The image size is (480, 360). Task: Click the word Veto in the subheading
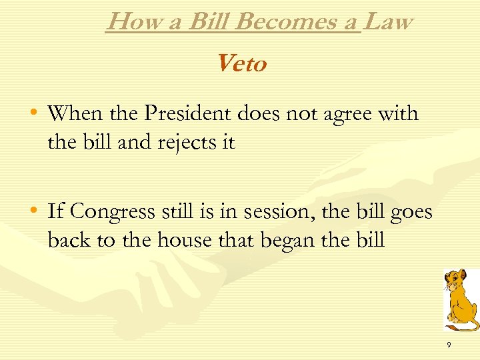click(241, 64)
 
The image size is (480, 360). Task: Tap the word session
click(273, 212)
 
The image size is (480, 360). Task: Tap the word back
click(69, 240)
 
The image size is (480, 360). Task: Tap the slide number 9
click(449, 345)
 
